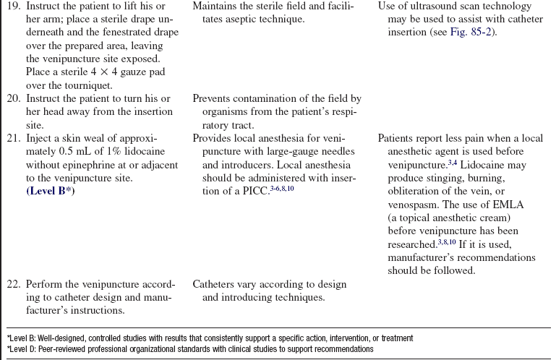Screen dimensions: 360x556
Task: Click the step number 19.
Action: click(14, 8)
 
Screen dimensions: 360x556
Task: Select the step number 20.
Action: click(14, 98)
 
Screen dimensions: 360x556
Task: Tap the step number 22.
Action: click(14, 284)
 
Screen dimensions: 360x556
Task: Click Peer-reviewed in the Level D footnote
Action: click(57, 348)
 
